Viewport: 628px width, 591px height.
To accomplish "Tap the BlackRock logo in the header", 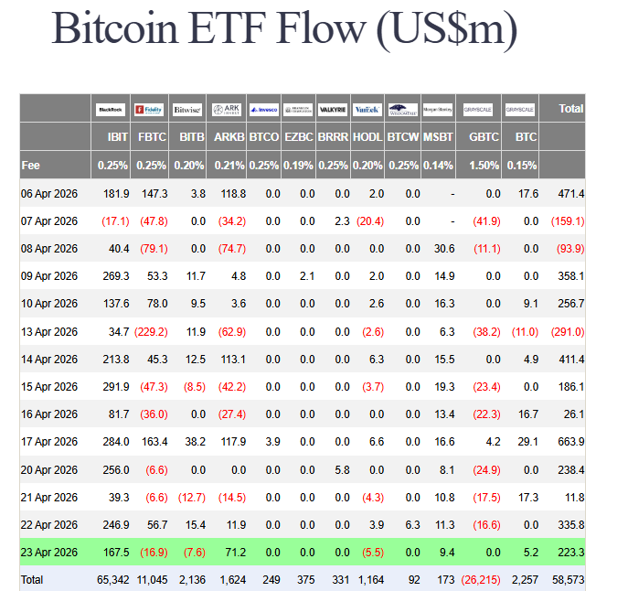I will coord(111,110).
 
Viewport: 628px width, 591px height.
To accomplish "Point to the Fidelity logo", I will coord(148,110).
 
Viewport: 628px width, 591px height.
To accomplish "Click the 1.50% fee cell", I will coord(484,166).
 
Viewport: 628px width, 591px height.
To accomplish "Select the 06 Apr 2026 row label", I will coord(50,194).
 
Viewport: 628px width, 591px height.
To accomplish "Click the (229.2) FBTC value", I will coord(150,331).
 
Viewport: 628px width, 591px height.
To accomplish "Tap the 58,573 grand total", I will coord(567,579).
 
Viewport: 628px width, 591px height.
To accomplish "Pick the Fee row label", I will coord(30,166).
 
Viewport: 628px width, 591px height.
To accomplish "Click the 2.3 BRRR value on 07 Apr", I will coord(342,221).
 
